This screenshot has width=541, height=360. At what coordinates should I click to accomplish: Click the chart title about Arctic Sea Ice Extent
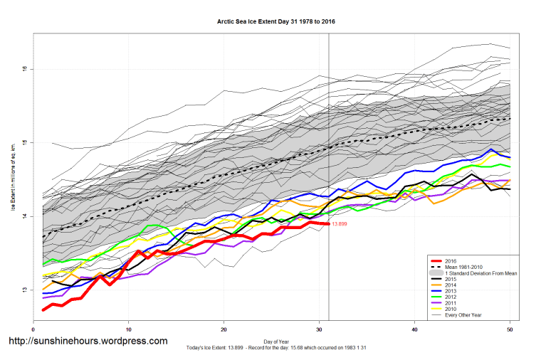point(276,21)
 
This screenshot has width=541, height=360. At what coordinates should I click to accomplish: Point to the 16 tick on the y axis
point(24,69)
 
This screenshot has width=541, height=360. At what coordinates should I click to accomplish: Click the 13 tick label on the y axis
point(24,290)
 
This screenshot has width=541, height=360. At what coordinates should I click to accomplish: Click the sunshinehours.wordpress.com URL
point(88,341)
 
